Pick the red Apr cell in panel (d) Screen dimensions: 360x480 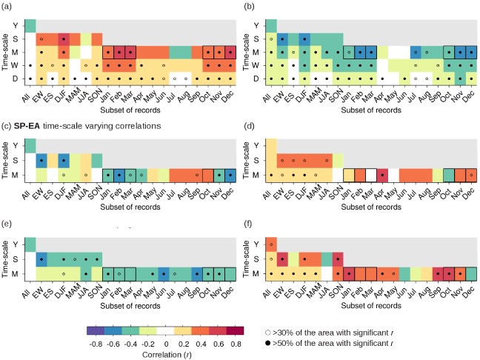(382, 175)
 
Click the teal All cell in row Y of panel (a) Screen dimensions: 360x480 (30, 25)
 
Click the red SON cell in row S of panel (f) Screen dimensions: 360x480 (338, 259)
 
